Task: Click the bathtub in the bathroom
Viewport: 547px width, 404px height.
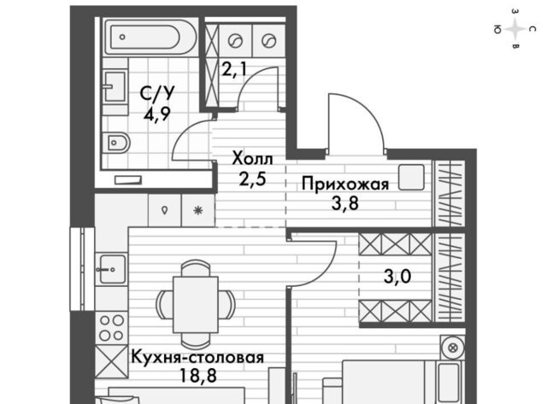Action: (x=150, y=37)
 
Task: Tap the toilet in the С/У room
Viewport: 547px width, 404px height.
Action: (x=116, y=143)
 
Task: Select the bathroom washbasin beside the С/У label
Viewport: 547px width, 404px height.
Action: (x=115, y=86)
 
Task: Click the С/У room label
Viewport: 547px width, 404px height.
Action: (x=156, y=94)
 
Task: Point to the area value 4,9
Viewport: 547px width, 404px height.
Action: (x=156, y=114)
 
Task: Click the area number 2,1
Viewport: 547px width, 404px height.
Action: (x=234, y=69)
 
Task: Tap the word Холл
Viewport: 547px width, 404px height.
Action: (x=253, y=159)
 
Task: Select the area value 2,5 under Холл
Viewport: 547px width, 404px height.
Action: (x=253, y=179)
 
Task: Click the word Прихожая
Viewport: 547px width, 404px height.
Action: (x=345, y=184)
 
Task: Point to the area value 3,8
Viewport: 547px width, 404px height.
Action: (x=345, y=203)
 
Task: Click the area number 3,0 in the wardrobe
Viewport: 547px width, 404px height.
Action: (x=397, y=277)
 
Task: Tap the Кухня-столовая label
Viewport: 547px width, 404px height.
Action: (x=197, y=357)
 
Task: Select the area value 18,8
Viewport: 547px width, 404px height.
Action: (x=197, y=376)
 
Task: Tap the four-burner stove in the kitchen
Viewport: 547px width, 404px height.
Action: (x=112, y=328)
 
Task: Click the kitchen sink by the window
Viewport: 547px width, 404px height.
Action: (x=112, y=269)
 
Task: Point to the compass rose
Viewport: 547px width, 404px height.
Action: (x=515, y=29)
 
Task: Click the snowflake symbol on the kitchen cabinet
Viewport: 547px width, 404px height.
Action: (x=198, y=210)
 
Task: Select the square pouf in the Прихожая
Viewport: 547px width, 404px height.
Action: (x=411, y=178)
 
